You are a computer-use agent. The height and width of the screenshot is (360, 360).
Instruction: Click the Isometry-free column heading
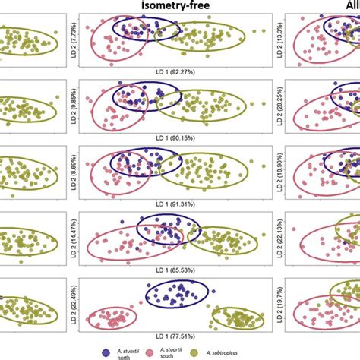click(x=179, y=8)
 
